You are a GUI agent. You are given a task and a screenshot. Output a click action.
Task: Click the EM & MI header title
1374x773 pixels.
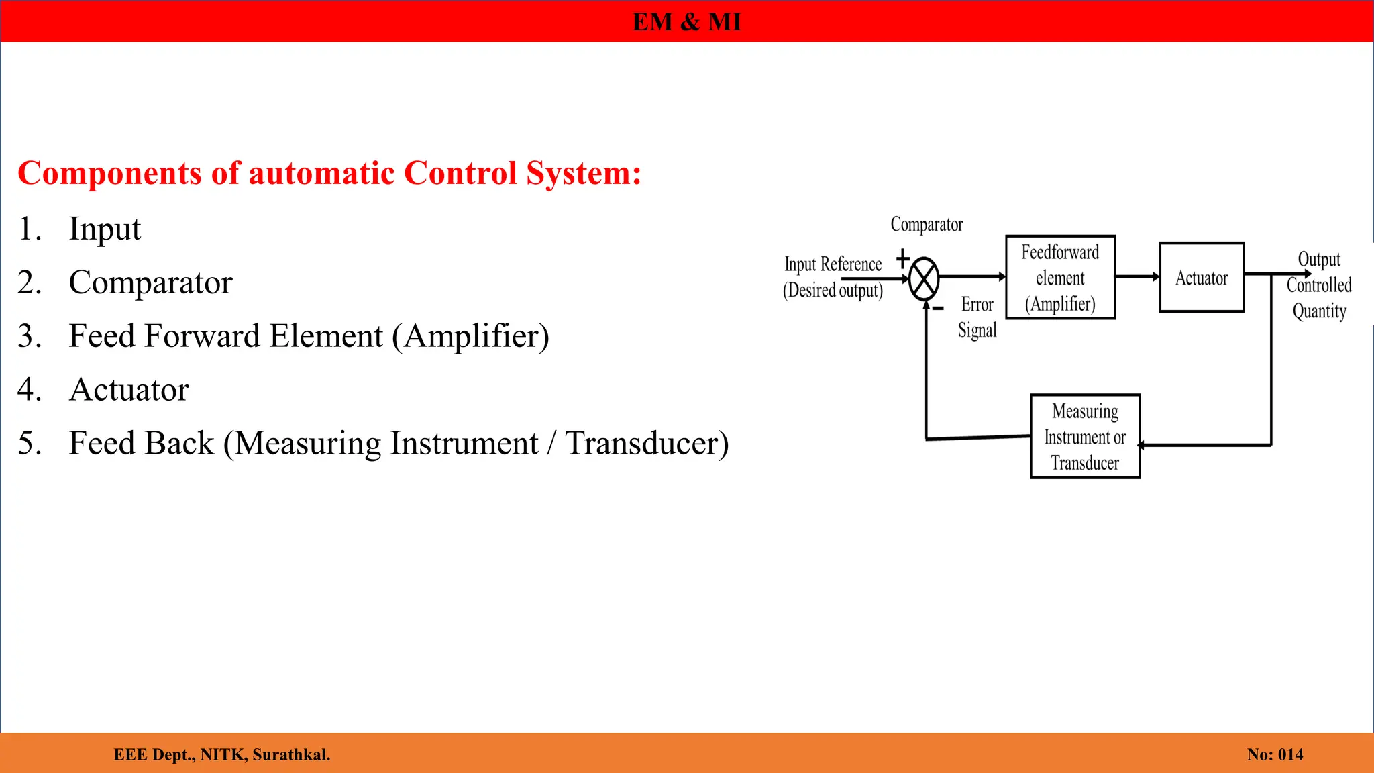point(686,22)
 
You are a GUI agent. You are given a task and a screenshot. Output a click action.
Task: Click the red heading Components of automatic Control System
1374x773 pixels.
point(329,173)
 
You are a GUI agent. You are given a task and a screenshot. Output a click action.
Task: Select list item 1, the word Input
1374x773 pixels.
point(105,229)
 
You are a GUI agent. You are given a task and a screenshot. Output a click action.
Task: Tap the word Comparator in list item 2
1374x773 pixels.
point(150,282)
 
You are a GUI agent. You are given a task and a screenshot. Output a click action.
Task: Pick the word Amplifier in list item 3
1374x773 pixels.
point(476,336)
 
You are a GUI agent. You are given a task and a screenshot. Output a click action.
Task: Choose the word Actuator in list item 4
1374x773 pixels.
point(129,390)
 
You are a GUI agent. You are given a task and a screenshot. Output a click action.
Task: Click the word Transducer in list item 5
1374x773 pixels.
point(645,444)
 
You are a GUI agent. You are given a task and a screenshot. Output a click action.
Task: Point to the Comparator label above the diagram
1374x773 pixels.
point(927,225)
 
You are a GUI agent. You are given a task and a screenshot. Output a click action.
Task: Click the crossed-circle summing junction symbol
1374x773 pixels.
point(924,278)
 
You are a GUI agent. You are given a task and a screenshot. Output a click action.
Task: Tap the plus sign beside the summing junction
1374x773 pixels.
point(903,258)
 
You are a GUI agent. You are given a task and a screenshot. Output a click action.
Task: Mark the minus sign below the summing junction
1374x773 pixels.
point(939,309)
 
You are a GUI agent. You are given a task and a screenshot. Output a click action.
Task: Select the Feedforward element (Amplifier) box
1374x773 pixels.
point(1060,277)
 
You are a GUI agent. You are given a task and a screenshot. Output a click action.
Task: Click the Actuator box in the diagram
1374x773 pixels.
point(1202,277)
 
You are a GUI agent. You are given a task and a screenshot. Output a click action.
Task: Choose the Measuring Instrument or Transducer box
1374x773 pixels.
point(1085,436)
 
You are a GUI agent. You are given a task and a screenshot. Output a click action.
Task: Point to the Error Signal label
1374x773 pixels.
point(977,317)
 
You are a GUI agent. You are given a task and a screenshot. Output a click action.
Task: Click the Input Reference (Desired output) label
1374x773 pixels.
point(833,277)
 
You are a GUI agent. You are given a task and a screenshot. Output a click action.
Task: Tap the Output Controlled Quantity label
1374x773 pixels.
point(1319,286)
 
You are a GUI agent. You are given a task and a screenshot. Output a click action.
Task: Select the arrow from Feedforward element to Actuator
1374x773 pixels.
point(1137,276)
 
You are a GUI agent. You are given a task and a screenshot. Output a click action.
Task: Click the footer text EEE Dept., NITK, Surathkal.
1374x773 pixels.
point(222,754)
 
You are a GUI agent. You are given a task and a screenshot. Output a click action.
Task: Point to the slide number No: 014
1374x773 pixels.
point(1275,754)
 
